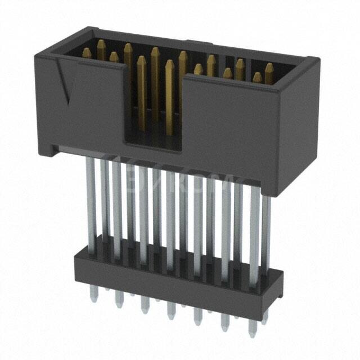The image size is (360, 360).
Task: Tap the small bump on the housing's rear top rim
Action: point(190,40)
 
